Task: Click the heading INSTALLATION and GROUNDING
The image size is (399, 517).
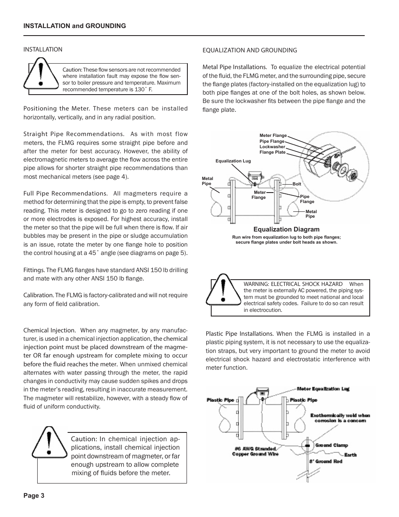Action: click(74, 26)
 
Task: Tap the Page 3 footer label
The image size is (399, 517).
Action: click(34, 496)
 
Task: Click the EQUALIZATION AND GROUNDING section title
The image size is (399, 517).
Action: click(250, 50)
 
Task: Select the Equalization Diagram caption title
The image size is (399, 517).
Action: click(286, 229)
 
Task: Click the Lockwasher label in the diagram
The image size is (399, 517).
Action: click(272, 147)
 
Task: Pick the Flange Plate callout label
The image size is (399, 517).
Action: click(272, 152)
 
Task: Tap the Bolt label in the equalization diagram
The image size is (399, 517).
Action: click(297, 184)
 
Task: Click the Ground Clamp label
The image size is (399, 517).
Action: click(331, 445)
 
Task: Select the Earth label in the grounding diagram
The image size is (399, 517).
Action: click(350, 455)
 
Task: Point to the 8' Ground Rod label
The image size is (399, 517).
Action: click(326, 461)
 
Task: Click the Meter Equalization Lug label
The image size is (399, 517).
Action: click(323, 389)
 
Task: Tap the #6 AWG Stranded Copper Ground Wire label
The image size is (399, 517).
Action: click(253, 451)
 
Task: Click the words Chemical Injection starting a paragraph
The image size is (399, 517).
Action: click(49, 330)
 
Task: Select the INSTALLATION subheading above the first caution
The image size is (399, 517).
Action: click(43, 49)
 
